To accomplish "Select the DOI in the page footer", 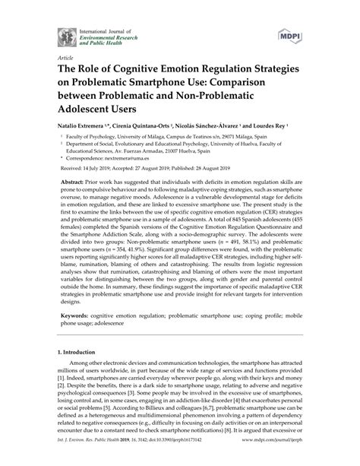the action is pyautogui.click(x=176, y=458).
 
